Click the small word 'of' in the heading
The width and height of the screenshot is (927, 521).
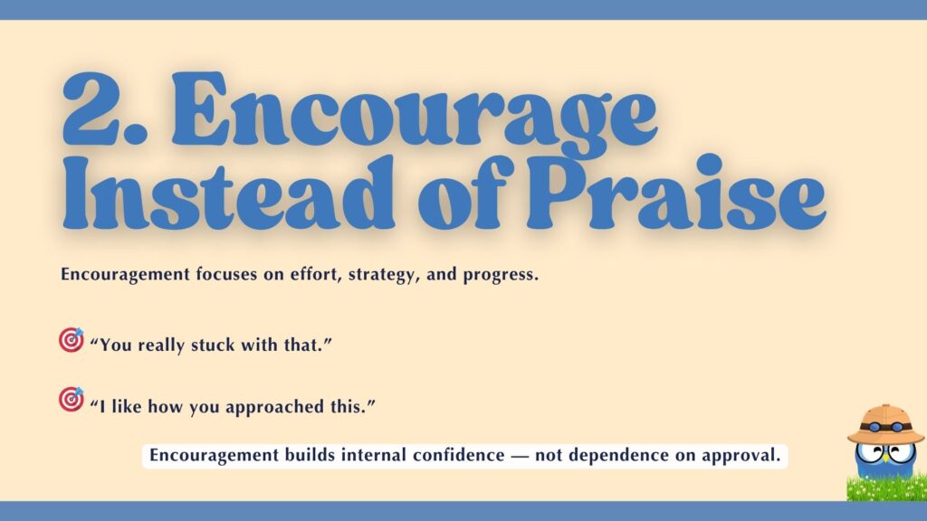coord(432,195)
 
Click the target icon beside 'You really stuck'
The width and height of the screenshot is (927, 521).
coord(71,340)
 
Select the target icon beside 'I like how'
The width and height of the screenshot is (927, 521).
coord(71,399)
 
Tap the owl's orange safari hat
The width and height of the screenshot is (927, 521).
coord(885,423)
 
